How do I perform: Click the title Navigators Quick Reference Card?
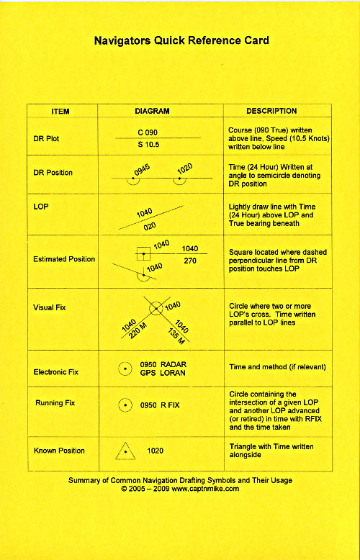tap(181, 41)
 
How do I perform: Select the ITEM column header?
tap(60, 112)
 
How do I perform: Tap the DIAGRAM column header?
tap(152, 112)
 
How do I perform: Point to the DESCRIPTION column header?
tap(271, 112)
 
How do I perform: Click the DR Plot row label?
tap(47, 138)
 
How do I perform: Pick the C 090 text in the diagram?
tap(148, 132)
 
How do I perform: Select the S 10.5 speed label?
tap(148, 145)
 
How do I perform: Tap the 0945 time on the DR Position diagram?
tap(142, 171)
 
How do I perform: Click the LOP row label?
tap(41, 206)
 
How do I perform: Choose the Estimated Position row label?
tap(64, 259)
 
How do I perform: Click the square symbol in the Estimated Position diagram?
tap(144, 253)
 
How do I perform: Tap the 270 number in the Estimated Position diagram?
tap(190, 261)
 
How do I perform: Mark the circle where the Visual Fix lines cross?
tap(156, 307)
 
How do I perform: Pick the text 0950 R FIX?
tap(160, 405)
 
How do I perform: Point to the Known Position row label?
tap(59, 451)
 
